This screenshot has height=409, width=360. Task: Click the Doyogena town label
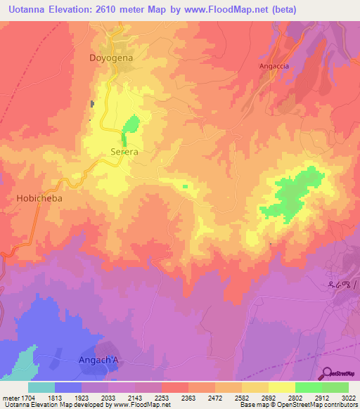click(110, 58)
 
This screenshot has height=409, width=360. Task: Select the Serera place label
click(124, 151)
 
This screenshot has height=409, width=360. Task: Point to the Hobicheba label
click(39, 199)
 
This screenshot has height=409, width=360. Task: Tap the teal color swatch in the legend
click(41, 387)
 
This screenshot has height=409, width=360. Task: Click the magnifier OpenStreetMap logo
click(326, 372)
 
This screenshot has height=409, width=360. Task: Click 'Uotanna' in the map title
click(29, 10)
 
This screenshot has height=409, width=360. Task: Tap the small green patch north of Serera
click(131, 126)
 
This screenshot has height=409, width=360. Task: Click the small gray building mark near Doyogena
click(91, 105)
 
